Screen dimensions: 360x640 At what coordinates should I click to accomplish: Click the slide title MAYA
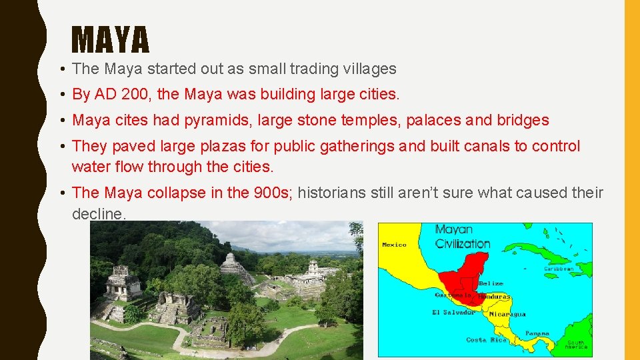coord(110,40)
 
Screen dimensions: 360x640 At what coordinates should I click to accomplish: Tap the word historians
coord(331,193)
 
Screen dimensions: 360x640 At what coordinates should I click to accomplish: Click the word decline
coord(98,214)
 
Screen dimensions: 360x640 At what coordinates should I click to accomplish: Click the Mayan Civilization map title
coord(462,237)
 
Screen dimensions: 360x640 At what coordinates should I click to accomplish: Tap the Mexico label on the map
coord(394,245)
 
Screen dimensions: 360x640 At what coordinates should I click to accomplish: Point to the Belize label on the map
coord(491,283)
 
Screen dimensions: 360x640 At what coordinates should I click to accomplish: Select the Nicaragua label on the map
coord(507,314)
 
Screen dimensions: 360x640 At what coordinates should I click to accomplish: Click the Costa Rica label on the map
coord(485,340)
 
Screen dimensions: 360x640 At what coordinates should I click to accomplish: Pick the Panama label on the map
coord(537,333)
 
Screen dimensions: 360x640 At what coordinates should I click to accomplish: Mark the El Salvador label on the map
coord(453,312)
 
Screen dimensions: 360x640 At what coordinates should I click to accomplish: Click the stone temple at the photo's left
coord(123,284)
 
